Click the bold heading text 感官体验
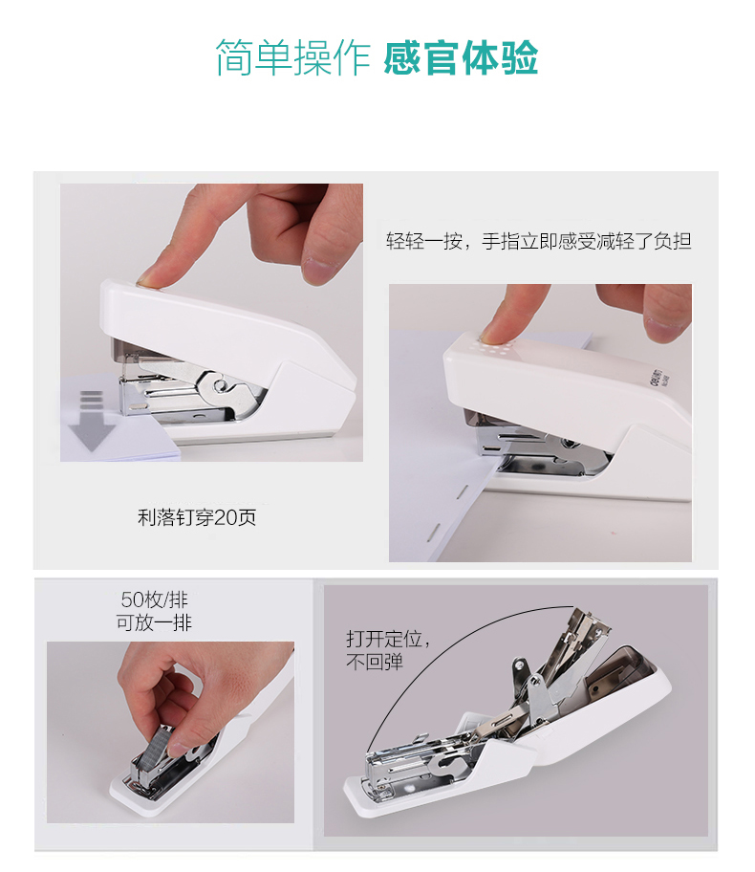pyautogui.click(x=461, y=57)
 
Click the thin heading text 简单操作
pyautogui.click(x=292, y=57)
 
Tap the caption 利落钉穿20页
pyautogui.click(x=197, y=518)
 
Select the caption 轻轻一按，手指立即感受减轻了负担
pyautogui.click(x=538, y=241)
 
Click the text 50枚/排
pyautogui.click(x=154, y=600)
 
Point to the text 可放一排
pyautogui.click(x=154, y=623)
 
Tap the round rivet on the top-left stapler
pyautogui.click(x=223, y=385)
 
